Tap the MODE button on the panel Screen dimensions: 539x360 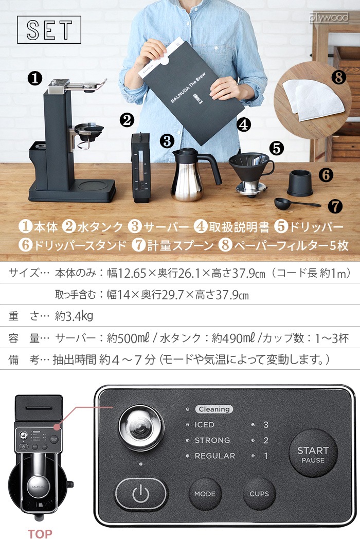click(x=205, y=494)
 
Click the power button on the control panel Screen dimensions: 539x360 click(x=141, y=494)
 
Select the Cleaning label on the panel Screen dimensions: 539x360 click(x=214, y=409)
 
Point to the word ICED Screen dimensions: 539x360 click(x=204, y=425)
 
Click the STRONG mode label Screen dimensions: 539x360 click(x=212, y=440)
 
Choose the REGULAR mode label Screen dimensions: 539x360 click(x=214, y=456)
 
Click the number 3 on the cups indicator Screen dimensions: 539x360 click(x=266, y=425)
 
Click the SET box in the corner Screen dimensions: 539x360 click(x=49, y=30)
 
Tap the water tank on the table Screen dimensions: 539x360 click(x=140, y=166)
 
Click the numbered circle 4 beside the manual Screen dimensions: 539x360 click(x=244, y=124)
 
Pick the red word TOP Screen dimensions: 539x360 click(x=40, y=533)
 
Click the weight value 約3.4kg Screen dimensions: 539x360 click(x=74, y=315)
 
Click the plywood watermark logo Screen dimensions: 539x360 click(x=329, y=18)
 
